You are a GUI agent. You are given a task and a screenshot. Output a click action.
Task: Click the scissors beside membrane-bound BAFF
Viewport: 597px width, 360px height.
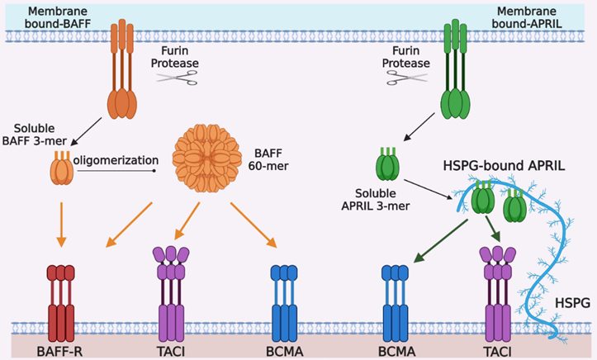tap(176, 78)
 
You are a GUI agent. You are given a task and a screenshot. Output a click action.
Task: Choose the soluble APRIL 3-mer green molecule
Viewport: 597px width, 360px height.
tap(388, 163)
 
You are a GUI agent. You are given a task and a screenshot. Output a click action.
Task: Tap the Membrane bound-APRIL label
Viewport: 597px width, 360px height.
tap(538, 16)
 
